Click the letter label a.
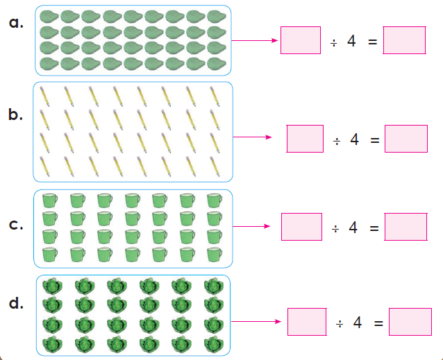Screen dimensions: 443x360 (x=16, y=22)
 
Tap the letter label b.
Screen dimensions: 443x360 (x=15, y=114)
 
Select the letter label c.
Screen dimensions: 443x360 (x=16, y=224)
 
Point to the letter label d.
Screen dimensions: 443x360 (x=16, y=303)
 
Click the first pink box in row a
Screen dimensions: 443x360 (x=301, y=40)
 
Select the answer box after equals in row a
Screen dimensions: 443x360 (x=404, y=40)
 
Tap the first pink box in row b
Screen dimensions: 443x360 (x=305, y=139)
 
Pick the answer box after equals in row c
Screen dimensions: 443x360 (x=406, y=227)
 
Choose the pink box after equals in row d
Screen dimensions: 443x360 (x=410, y=322)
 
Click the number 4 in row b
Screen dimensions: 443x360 (x=354, y=139)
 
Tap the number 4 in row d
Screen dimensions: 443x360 (x=358, y=323)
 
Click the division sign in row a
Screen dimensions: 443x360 (x=334, y=43)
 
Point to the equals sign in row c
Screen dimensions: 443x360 (x=374, y=228)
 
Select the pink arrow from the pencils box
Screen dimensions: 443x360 (x=252, y=137)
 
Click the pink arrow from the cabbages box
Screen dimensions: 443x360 (x=256, y=321)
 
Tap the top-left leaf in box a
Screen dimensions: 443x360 (x=49, y=17)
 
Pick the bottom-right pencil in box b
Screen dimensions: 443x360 (x=215, y=166)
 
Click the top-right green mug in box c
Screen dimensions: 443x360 (x=215, y=200)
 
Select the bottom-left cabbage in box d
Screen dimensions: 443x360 (x=52, y=344)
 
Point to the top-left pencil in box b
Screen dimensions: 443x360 (x=44, y=96)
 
